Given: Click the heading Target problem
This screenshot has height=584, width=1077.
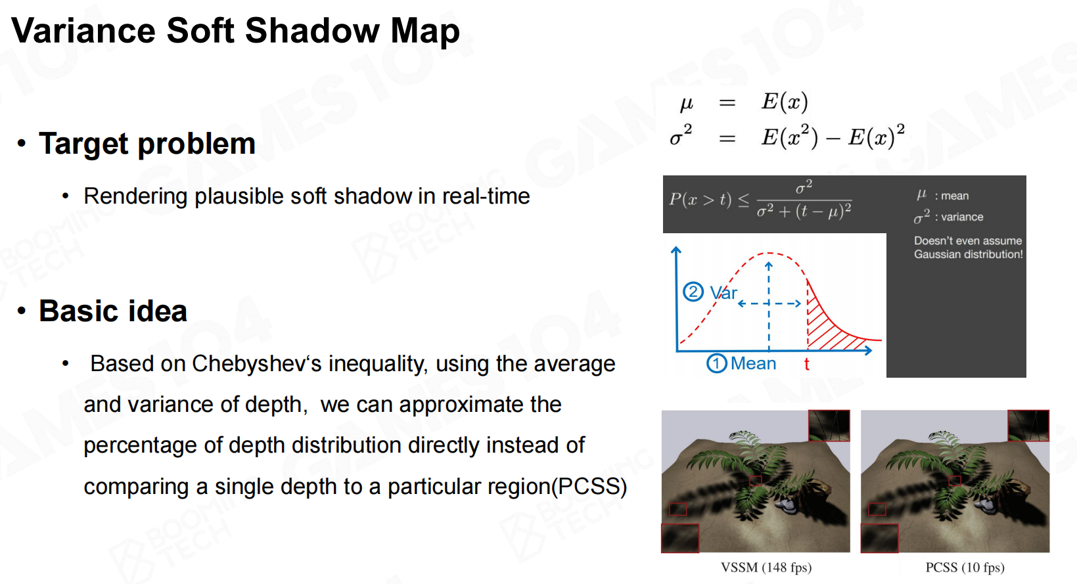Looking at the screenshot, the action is (x=147, y=143).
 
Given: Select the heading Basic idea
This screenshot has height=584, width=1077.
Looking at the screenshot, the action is (x=113, y=311).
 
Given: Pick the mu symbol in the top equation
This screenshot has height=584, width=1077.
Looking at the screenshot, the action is (x=686, y=103).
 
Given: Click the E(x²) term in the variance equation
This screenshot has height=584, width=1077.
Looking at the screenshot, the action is (x=789, y=137).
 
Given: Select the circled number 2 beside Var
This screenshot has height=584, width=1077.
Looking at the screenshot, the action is (x=693, y=292).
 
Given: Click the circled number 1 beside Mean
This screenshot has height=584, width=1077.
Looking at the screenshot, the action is (x=716, y=363).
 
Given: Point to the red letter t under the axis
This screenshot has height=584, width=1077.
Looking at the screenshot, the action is (x=807, y=365).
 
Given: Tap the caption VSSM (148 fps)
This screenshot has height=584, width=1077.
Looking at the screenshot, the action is (x=766, y=568).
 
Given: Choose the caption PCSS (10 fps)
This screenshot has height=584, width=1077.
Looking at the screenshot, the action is (x=965, y=568).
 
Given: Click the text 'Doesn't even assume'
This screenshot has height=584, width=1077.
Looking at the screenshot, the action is (x=968, y=241).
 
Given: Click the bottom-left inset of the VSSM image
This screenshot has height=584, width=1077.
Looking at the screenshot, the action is (x=680, y=538).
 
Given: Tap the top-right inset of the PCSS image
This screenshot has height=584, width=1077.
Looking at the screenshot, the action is (x=1028, y=426).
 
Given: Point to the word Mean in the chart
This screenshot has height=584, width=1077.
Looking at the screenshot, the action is (x=754, y=363).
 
